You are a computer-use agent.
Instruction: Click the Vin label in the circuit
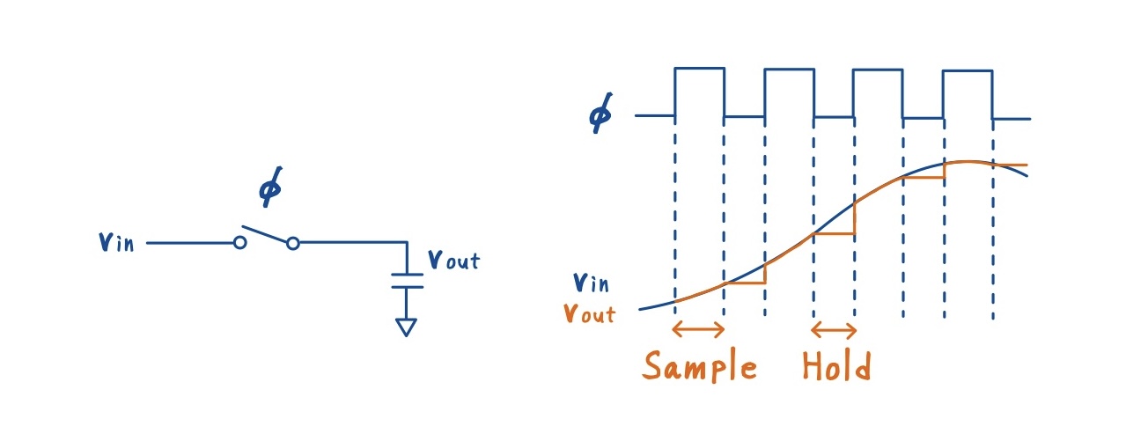(x=116, y=242)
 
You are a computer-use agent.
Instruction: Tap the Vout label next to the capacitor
(x=453, y=260)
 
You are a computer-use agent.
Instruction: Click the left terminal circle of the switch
(x=239, y=243)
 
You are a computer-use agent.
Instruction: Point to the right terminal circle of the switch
(x=293, y=243)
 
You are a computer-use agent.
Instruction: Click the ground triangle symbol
(x=406, y=327)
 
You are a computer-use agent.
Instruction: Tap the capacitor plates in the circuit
(x=406, y=280)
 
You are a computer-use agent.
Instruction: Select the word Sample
(x=700, y=366)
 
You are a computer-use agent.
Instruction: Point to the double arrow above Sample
(x=697, y=330)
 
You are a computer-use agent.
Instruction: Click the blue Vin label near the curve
(x=592, y=283)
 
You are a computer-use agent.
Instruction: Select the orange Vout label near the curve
(x=590, y=312)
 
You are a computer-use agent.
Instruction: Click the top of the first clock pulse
(x=699, y=68)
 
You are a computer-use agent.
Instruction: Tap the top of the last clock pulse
(x=968, y=70)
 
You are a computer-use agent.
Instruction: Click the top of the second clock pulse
(x=789, y=69)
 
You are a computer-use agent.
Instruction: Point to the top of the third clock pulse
(x=878, y=70)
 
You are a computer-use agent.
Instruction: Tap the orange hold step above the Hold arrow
(x=834, y=234)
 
